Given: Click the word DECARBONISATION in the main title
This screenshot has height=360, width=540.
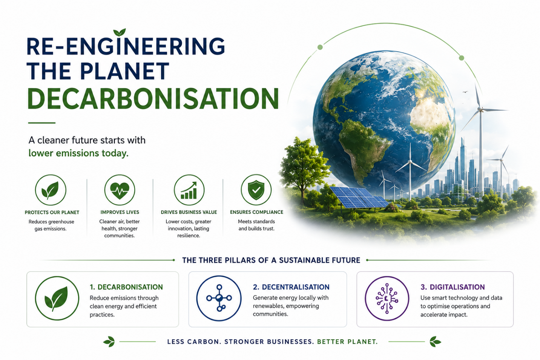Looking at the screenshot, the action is [153, 99].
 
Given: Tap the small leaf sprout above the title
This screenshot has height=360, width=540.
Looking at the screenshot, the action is [120, 32].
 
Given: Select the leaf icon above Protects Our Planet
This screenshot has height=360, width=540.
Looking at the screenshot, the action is [51, 190].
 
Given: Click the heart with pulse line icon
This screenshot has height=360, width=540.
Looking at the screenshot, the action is [120, 190].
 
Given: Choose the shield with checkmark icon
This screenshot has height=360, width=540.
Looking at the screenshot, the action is [256, 190].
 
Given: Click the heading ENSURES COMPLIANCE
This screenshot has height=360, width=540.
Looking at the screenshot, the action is [256, 212].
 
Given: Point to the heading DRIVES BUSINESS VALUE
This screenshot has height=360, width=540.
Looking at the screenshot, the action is [189, 212].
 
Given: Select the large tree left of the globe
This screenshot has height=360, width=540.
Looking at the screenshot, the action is [304, 169].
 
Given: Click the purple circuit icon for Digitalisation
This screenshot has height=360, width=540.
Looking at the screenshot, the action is [387, 298].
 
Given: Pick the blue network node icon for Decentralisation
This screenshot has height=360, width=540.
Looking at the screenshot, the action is [219, 298].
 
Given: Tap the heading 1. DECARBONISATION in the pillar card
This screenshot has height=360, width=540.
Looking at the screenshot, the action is [126, 287].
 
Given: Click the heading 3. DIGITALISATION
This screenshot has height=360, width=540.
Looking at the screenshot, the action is [453, 287].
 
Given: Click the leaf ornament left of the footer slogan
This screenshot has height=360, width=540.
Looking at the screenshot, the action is [109, 342].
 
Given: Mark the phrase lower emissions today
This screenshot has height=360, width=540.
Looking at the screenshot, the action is [78, 153].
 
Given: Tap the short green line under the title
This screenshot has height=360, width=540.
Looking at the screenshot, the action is [42, 123].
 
